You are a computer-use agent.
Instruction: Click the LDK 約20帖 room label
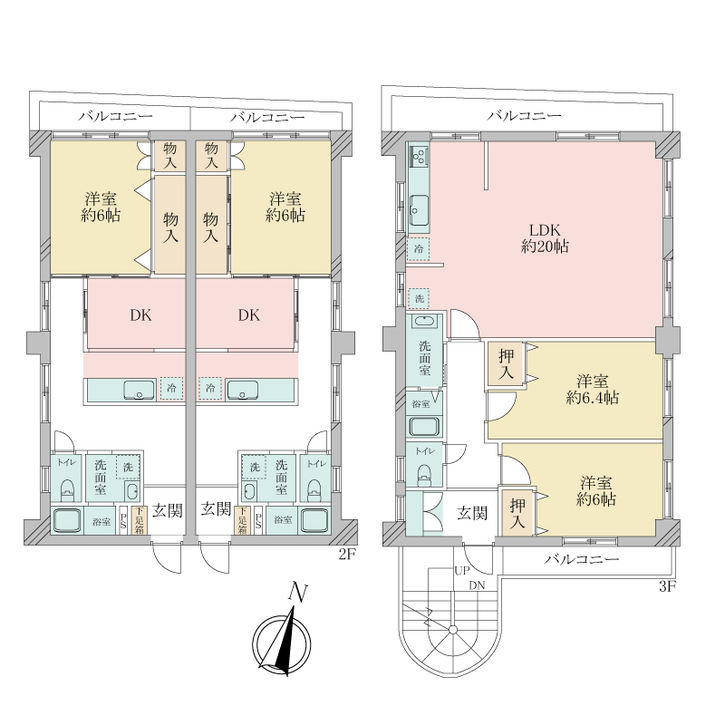[545, 237]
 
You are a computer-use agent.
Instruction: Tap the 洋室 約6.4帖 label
[593, 390]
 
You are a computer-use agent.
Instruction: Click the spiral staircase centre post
[452, 629]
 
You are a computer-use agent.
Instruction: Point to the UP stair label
[462, 571]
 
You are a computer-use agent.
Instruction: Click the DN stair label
[477, 585]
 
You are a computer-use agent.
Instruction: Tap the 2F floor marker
[348, 554]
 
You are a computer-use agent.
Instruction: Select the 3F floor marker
[667, 586]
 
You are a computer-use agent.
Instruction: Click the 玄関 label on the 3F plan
[472, 513]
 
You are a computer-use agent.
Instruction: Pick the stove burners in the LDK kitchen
[420, 157]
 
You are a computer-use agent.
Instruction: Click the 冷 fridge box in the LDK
[418, 249]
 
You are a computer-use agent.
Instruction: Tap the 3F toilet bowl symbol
[424, 474]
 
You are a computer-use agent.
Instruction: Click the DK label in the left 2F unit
[140, 315]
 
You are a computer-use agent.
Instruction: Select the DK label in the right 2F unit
[248, 315]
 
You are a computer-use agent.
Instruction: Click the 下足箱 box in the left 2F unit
[139, 520]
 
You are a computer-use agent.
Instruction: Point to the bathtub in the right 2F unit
[314, 520]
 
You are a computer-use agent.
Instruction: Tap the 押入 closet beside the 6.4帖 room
[506, 363]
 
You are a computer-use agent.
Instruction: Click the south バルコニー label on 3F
[582, 559]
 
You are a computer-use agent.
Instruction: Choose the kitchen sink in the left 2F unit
[139, 390]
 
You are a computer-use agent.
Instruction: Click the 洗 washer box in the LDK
[419, 299]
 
